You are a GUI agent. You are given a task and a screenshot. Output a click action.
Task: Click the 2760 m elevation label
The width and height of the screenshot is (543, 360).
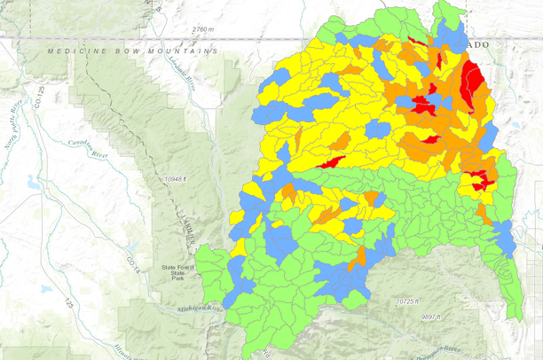[x=203, y=30]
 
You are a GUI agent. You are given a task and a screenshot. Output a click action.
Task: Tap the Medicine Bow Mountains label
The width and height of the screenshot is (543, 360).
[x=132, y=51]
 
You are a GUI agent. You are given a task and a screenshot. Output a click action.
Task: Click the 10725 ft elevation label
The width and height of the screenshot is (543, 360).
[x=412, y=301]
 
